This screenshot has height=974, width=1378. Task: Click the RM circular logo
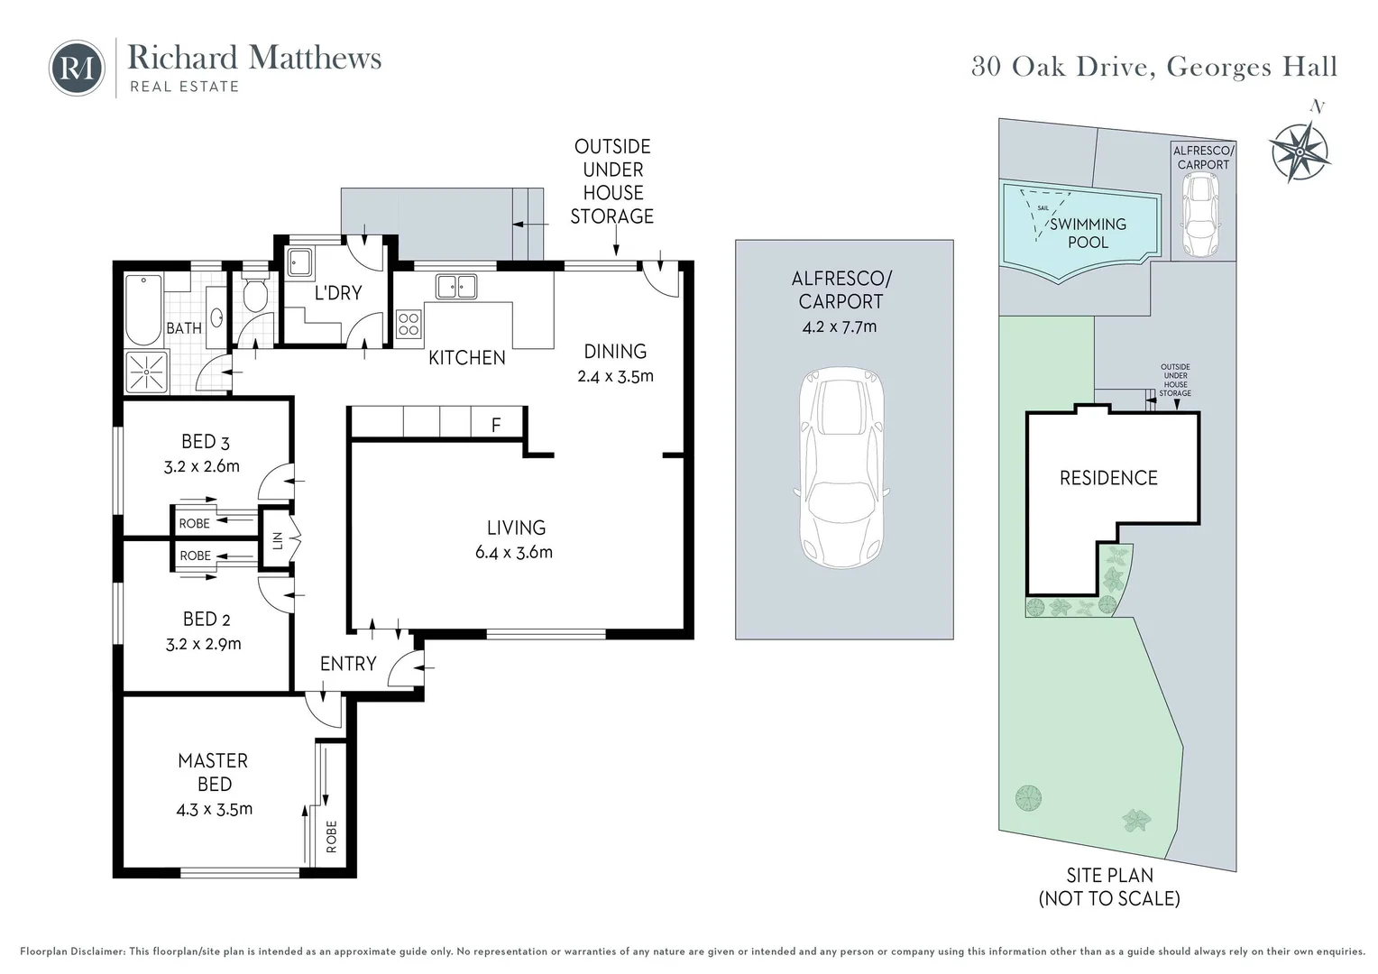77,68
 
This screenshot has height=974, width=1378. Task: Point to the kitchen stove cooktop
409,323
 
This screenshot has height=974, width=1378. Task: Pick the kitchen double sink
456,287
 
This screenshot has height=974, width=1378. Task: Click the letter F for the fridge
496,425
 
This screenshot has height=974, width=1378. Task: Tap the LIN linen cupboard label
278,540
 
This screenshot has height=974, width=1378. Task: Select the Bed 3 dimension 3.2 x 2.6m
202,466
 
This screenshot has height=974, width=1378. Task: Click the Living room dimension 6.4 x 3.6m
514,552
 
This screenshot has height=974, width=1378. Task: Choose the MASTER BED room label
214,772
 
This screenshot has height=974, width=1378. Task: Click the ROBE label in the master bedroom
331,836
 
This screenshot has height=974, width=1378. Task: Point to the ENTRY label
348,664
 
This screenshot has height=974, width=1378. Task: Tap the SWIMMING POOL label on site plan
1088,233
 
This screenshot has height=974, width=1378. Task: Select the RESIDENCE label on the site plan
1108,478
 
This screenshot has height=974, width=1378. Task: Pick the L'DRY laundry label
338,292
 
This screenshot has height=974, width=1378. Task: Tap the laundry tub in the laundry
299,262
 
